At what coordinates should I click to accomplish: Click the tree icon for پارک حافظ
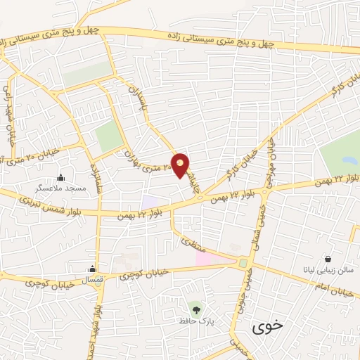(x=195, y=307)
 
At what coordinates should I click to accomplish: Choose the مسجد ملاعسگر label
(x=61, y=188)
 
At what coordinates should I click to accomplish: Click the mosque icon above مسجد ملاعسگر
(x=61, y=176)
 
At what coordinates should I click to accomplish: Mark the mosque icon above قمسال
(x=92, y=268)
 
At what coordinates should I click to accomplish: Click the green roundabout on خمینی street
(x=243, y=263)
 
